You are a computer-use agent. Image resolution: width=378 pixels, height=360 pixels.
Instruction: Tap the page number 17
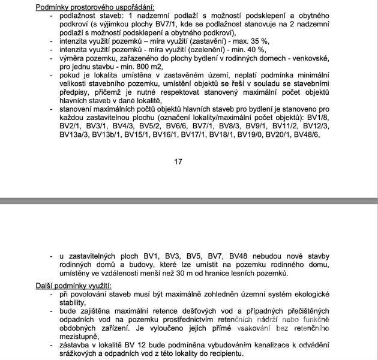click(x=178, y=161)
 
